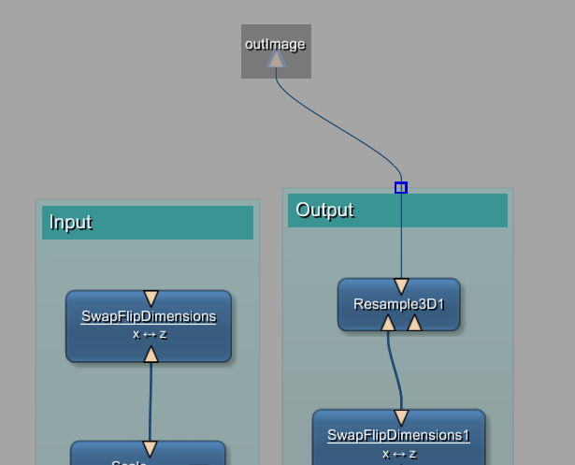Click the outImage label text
275,44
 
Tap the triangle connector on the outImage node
276,60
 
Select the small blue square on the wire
401,188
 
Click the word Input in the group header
70,222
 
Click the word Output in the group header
324,210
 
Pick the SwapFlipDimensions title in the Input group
149,316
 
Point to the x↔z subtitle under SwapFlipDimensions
150,334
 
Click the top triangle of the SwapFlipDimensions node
151,298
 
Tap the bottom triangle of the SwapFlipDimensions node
151,354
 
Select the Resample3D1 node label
398,304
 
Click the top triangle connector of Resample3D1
401,286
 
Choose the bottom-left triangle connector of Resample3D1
388,323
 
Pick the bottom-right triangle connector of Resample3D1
415,323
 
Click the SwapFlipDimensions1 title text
398,435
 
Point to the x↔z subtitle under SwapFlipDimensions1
399,454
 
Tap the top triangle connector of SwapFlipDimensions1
401,417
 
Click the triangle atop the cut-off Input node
150,449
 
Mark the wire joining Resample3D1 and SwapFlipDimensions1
395,370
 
